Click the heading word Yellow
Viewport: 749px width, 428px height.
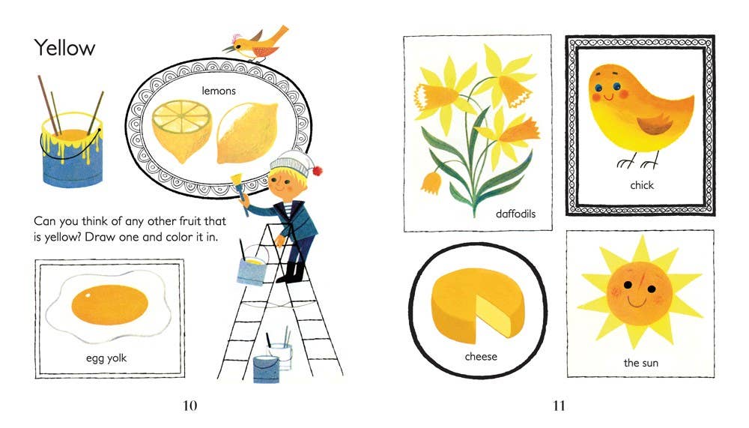click(x=64, y=48)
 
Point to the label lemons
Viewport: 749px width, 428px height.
click(x=219, y=91)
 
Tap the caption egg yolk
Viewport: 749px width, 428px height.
click(x=106, y=358)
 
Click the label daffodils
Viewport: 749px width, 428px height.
click(x=516, y=214)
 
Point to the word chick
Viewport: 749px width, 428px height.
click(x=641, y=184)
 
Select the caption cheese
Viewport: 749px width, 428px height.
click(x=481, y=356)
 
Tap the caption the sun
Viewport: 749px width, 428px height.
click(x=640, y=364)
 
